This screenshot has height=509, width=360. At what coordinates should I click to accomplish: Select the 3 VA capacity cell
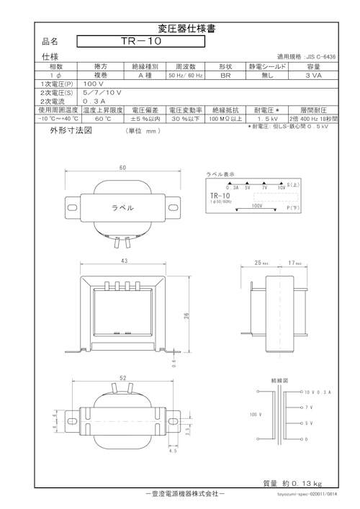click(313, 75)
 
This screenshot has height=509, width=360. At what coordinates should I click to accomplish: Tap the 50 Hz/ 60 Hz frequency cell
click(186, 75)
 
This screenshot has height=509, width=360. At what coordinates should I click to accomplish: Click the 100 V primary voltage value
click(94, 84)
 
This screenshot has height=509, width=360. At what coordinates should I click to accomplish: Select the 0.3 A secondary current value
click(94, 102)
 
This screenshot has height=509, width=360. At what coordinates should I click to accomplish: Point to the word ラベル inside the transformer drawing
click(122, 207)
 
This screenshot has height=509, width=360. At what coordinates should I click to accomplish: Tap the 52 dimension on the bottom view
click(122, 378)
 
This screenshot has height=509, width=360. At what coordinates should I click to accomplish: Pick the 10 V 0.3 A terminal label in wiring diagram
click(317, 392)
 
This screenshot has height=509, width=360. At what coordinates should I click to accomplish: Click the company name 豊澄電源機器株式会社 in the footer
click(185, 494)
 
